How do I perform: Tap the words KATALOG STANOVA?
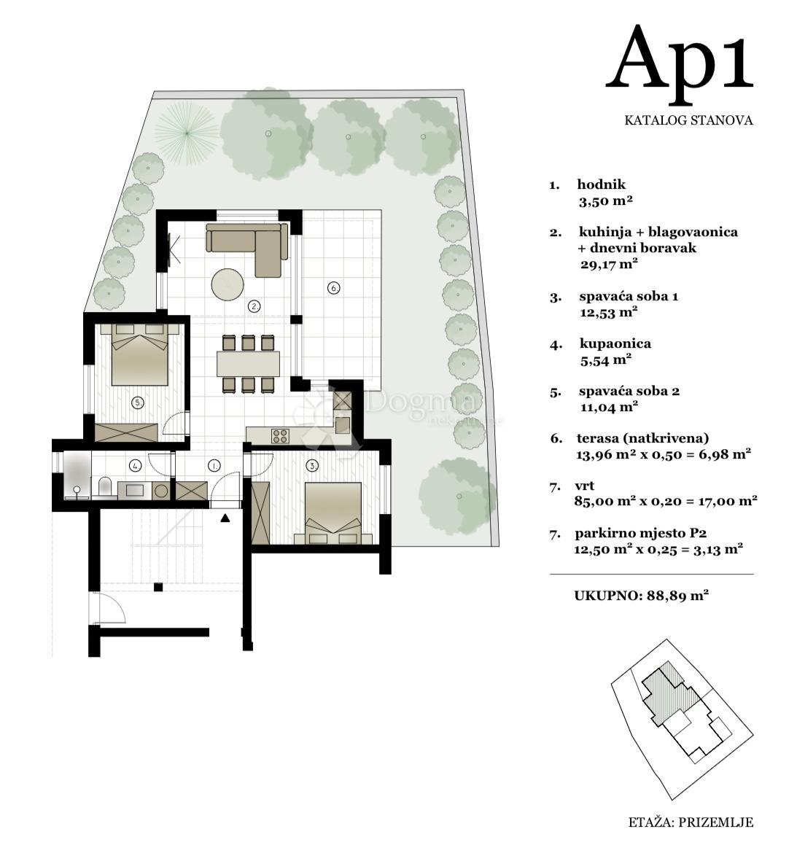click(x=688, y=120)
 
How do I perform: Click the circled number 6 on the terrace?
click(x=333, y=288)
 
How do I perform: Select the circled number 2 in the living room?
click(x=254, y=307)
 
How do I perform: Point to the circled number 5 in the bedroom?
click(x=138, y=402)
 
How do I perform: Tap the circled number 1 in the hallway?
click(x=214, y=465)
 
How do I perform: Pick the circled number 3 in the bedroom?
click(x=312, y=465)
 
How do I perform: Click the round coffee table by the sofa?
click(x=228, y=284)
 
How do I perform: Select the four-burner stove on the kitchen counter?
click(x=280, y=435)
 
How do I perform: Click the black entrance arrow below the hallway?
click(x=225, y=518)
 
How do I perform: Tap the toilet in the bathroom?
click(x=104, y=486)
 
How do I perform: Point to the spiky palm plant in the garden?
click(x=187, y=132)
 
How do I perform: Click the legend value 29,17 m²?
click(x=609, y=264)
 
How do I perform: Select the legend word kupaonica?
click(x=615, y=344)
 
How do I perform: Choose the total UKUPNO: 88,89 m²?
click(x=641, y=596)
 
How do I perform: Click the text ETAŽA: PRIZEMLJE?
click(x=691, y=822)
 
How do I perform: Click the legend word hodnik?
click(x=602, y=184)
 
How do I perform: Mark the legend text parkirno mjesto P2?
click(x=641, y=534)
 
